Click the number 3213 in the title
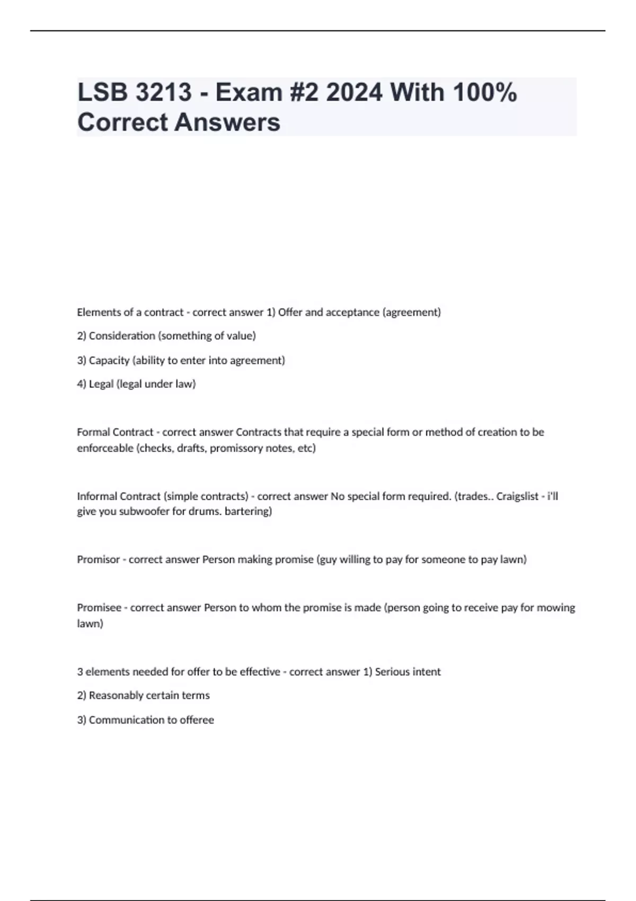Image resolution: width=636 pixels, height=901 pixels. point(164,92)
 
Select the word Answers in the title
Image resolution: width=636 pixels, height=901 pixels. point(228,122)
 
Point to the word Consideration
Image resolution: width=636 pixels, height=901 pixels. point(122,336)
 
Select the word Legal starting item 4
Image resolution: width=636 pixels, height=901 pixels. point(101,384)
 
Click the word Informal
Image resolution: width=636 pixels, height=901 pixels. point(98,496)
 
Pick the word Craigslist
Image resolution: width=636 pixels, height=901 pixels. point(517,496)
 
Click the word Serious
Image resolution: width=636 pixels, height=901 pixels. point(392,672)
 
